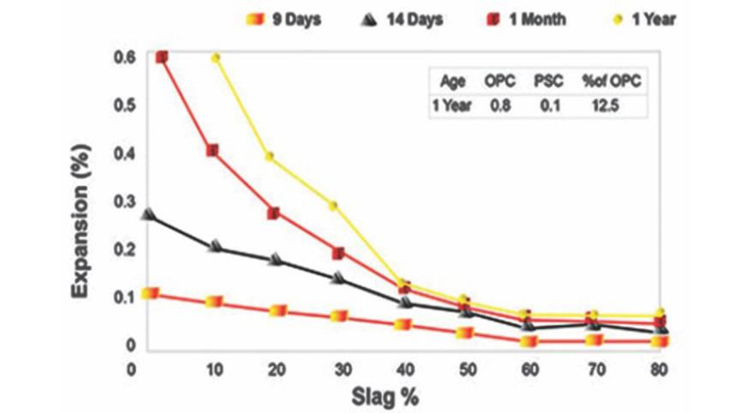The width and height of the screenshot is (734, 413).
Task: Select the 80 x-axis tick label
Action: coord(658,370)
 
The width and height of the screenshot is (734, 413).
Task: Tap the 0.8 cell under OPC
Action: coord(501,106)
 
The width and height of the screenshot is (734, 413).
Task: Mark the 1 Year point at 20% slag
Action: coord(269,157)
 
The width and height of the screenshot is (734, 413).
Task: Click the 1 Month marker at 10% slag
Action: coord(212,151)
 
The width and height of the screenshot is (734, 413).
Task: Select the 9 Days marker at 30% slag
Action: coord(340,316)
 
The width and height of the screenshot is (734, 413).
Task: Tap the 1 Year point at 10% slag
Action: coord(216,58)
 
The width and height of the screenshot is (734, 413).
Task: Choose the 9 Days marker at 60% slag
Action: coord(528,341)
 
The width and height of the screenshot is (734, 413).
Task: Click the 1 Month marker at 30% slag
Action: coord(338,254)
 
